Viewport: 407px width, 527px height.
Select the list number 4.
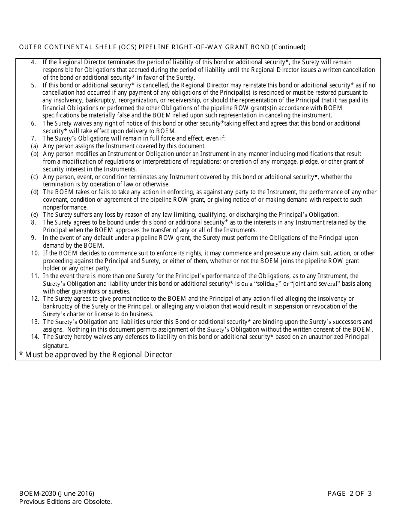tap(33, 62)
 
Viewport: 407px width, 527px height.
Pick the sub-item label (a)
tap(34, 146)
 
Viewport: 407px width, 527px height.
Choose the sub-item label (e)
tap(34, 215)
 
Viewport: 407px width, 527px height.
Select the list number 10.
tap(35, 253)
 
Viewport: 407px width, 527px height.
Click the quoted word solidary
tap(265, 284)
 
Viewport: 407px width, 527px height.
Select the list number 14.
tap(35, 337)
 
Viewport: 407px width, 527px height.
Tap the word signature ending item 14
tap(55, 345)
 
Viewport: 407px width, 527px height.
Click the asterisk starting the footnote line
tap(21, 354)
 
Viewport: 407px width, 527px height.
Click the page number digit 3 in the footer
tap(369, 494)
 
